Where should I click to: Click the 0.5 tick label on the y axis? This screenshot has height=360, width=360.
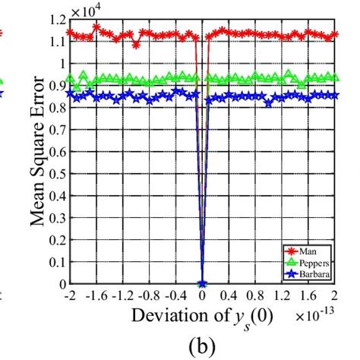56,174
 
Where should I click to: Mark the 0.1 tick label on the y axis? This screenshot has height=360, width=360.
56,262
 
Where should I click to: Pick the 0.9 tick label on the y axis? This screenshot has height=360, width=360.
56,86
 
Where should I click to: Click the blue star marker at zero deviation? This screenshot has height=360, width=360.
203,284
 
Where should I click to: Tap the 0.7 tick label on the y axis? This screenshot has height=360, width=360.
56,130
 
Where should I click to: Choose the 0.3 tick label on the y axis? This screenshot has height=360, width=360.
56,218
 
